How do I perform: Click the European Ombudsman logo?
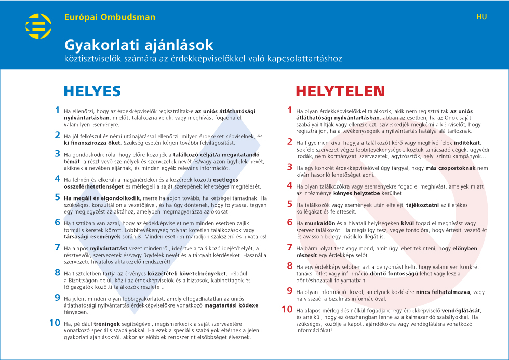pyautogui.click(x=39, y=26)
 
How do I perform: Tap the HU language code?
pyautogui.click(x=481, y=17)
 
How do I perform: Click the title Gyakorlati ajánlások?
pyautogui.click(x=139, y=45)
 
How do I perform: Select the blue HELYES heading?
pyautogui.click(x=92, y=91)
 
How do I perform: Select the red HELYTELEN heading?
pyautogui.click(x=340, y=91)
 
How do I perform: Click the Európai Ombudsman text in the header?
pyautogui.click(x=110, y=17)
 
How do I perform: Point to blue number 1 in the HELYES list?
pyautogui.click(x=57, y=110)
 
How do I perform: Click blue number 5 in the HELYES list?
pyautogui.click(x=57, y=197)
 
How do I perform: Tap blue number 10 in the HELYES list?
pyautogui.click(x=55, y=323)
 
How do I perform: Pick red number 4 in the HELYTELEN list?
pyautogui.click(x=290, y=185)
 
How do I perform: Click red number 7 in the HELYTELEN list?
pyautogui.click(x=290, y=248)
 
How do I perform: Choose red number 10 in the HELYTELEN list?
pyautogui.click(x=287, y=309)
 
